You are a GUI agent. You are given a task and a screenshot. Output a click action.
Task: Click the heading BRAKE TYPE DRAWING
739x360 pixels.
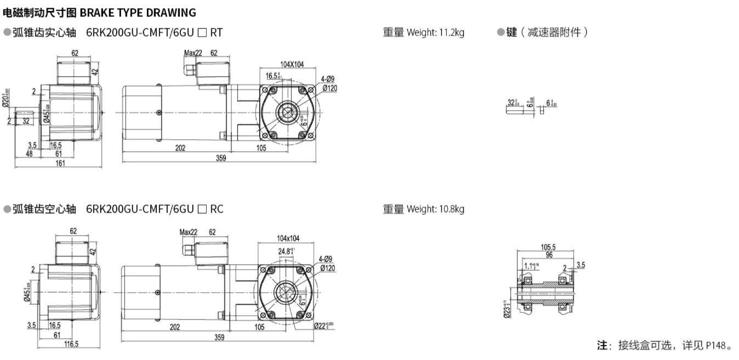click(138, 12)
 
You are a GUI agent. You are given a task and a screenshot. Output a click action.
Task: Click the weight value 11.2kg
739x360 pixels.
click(451, 32)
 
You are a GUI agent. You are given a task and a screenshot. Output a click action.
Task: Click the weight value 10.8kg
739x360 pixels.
click(451, 209)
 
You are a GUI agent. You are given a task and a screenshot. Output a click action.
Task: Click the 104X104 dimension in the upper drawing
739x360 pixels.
click(292, 64)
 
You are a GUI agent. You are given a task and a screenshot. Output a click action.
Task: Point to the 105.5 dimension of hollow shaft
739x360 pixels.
click(548, 247)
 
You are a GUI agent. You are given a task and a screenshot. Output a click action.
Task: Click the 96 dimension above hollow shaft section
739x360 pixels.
click(549, 255)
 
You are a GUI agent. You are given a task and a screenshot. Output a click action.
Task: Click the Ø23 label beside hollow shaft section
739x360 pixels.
click(506, 308)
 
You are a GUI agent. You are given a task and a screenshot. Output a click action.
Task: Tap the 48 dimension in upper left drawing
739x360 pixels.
click(30, 154)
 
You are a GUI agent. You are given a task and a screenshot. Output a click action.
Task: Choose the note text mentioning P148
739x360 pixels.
click(664, 345)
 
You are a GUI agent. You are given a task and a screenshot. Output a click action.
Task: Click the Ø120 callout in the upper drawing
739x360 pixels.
click(329, 88)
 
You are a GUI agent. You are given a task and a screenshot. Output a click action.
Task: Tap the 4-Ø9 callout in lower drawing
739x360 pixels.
click(325, 259)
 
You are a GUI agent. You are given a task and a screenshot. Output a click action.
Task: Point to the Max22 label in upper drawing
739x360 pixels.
click(193, 53)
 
